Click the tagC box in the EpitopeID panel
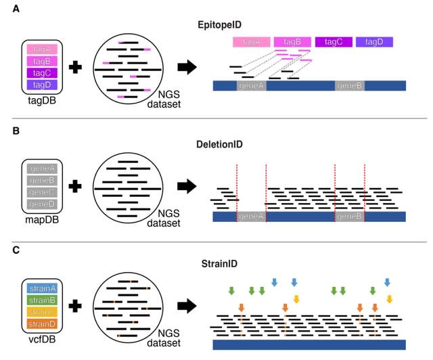[333, 42]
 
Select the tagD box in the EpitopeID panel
[374, 42]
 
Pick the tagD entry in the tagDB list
[43, 85]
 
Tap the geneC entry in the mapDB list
[43, 192]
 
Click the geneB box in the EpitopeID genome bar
[350, 86]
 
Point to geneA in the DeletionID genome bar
[251, 217]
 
